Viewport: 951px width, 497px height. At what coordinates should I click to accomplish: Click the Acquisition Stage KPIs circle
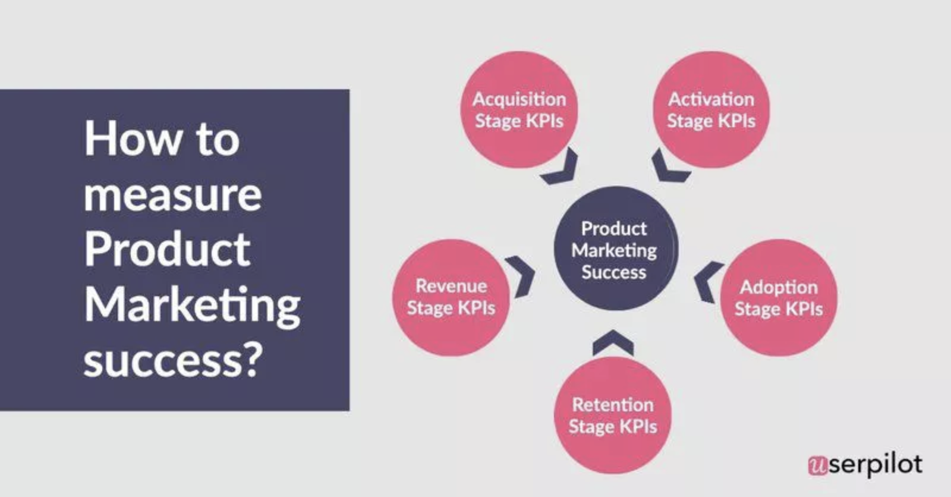[x=518, y=109]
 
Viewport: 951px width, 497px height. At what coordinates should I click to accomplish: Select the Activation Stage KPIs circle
[x=711, y=109]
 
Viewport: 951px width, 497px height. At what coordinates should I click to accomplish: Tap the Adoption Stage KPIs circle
[x=779, y=297]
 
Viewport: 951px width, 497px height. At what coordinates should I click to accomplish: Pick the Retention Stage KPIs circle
[x=612, y=415]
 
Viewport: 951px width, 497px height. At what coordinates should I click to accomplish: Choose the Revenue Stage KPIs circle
[x=451, y=297]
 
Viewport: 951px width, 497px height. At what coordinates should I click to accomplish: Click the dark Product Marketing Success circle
[x=615, y=250]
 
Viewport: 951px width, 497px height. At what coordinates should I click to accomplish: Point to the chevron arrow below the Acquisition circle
[x=562, y=168]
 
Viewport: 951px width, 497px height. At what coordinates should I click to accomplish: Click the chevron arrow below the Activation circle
[x=668, y=168]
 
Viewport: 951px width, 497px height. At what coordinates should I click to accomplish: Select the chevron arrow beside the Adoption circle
[x=707, y=281]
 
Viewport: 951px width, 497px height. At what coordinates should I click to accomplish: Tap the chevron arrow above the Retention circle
[x=613, y=342]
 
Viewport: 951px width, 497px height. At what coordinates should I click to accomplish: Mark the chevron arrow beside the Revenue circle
[x=521, y=276]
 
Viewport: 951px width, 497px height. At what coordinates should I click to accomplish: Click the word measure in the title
[x=172, y=195]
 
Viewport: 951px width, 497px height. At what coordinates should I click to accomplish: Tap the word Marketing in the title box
[x=192, y=305]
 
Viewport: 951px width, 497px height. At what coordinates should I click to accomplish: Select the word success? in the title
[x=172, y=360]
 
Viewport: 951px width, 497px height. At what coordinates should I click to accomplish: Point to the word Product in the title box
[x=167, y=249]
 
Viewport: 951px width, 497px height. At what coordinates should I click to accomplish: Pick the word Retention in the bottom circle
[x=612, y=404]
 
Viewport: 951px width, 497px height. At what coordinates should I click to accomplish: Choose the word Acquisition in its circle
[x=519, y=99]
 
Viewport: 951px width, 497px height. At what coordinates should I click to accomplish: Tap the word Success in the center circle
[x=613, y=272]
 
